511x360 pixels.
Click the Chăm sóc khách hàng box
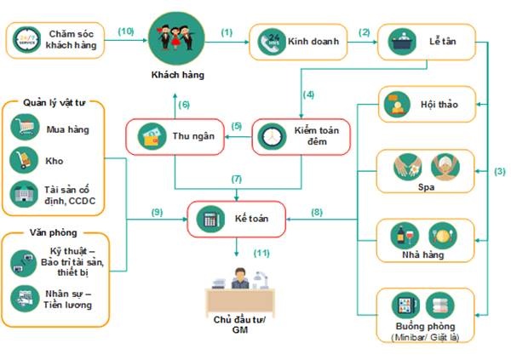click(x=56, y=41)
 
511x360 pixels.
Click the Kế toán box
click(x=237, y=219)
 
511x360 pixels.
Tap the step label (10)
click(x=126, y=31)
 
